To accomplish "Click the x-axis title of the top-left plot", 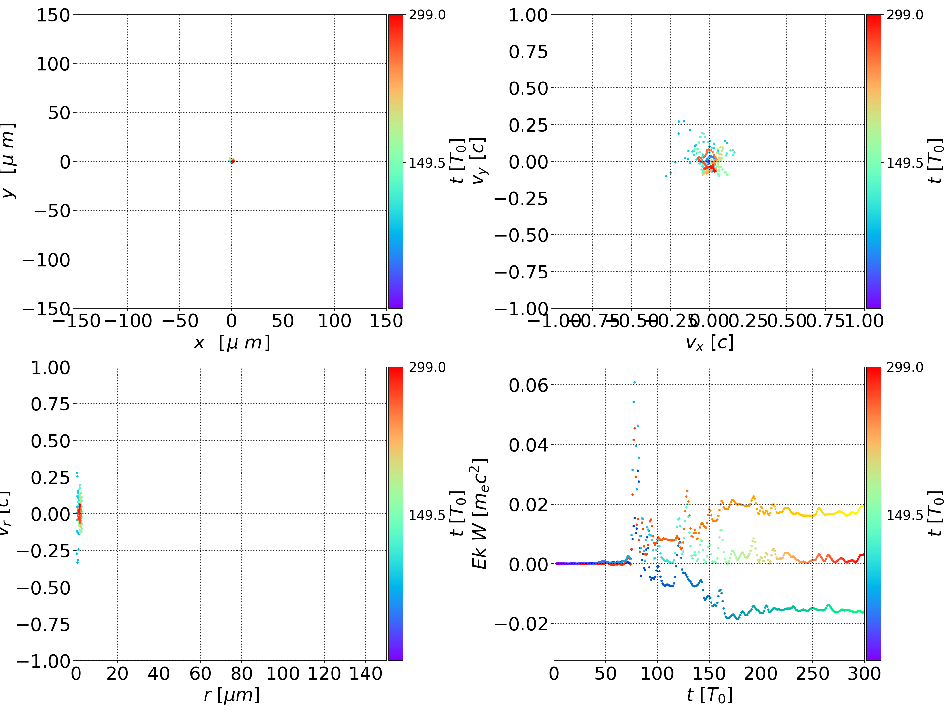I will (232, 343).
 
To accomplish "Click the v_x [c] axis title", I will (709, 343).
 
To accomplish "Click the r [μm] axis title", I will (232, 695).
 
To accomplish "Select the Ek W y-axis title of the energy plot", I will (479, 513).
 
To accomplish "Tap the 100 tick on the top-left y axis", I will (53, 64).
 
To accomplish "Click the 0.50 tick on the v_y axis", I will (528, 88).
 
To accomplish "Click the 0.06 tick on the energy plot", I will (528, 385).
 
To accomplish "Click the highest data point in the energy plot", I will (634, 382).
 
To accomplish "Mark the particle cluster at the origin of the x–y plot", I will (232, 161).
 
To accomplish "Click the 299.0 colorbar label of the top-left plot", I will (427, 16).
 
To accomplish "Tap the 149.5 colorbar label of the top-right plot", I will (904, 163).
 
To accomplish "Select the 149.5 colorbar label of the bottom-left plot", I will (427, 515).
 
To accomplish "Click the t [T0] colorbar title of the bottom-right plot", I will (935, 513).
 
